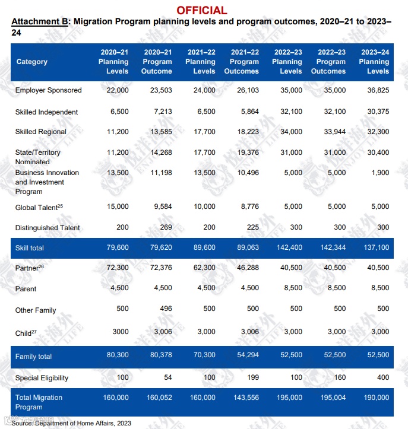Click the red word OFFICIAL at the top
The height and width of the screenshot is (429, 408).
(x=201, y=10)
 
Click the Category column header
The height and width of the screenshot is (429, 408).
(x=32, y=62)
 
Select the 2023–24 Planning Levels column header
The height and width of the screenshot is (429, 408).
(x=374, y=62)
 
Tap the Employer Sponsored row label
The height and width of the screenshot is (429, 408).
(x=49, y=90)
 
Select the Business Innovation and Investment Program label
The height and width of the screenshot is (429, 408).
(x=47, y=182)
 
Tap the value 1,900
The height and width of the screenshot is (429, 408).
(x=380, y=173)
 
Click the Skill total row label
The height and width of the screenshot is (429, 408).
(x=30, y=247)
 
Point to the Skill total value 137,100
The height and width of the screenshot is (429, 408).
(x=375, y=247)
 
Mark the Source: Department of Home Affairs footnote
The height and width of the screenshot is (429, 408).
(x=71, y=423)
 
